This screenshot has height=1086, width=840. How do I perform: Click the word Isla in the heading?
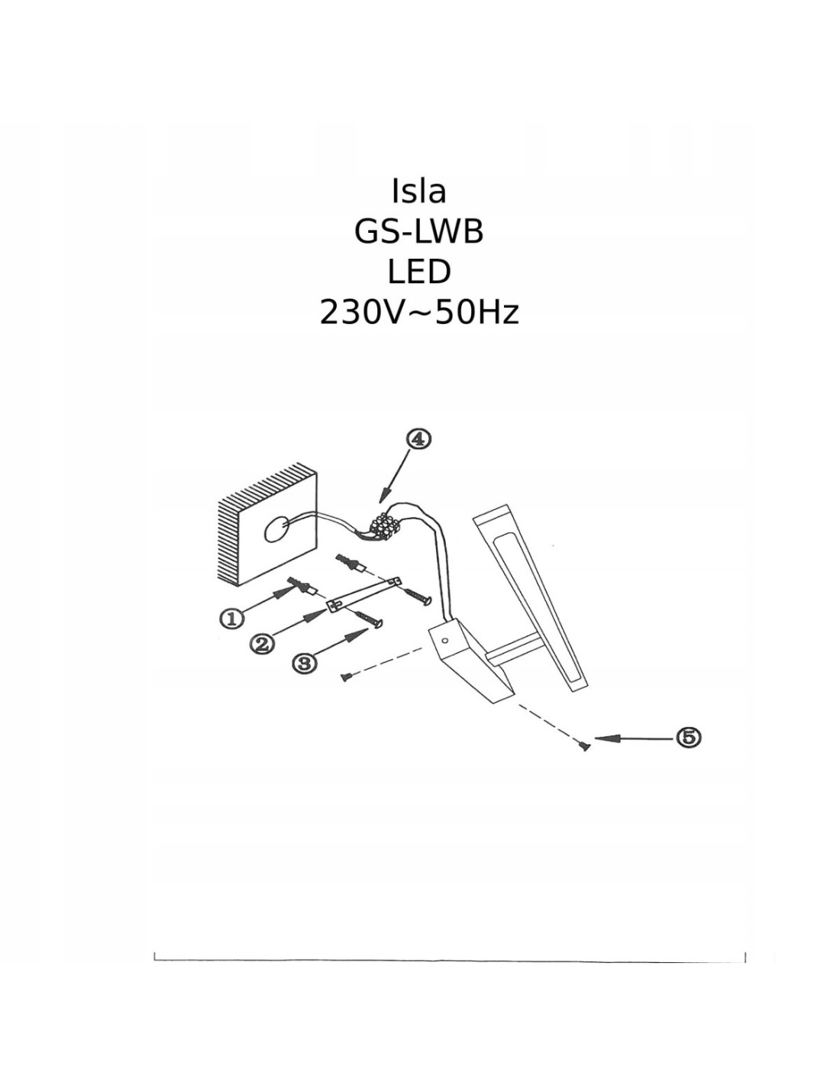(x=418, y=192)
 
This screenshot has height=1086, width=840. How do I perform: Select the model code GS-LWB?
(x=418, y=231)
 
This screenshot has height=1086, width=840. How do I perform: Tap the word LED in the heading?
(x=418, y=272)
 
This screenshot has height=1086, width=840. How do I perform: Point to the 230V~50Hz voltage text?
(x=418, y=312)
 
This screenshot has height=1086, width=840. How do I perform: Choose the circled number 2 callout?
(x=262, y=644)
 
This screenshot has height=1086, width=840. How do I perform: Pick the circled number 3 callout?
(x=305, y=663)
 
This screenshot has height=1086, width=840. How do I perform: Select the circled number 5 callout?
(x=688, y=737)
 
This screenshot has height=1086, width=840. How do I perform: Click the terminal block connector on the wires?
(x=386, y=525)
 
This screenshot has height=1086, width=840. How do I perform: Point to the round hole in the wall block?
(x=276, y=528)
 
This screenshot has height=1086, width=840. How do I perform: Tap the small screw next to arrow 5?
(x=585, y=746)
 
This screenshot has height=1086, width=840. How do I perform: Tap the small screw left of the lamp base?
(x=346, y=676)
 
